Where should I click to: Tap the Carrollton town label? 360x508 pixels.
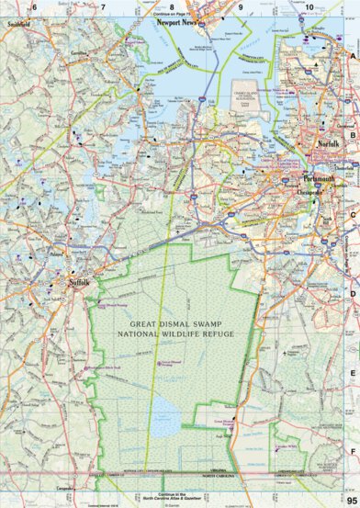tap(76, 54)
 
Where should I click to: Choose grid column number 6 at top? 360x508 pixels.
tap(34, 7)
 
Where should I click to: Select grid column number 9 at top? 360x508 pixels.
tap(241, 7)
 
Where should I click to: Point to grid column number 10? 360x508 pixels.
tap(309, 7)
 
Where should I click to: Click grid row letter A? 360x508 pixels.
tap(352, 56)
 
